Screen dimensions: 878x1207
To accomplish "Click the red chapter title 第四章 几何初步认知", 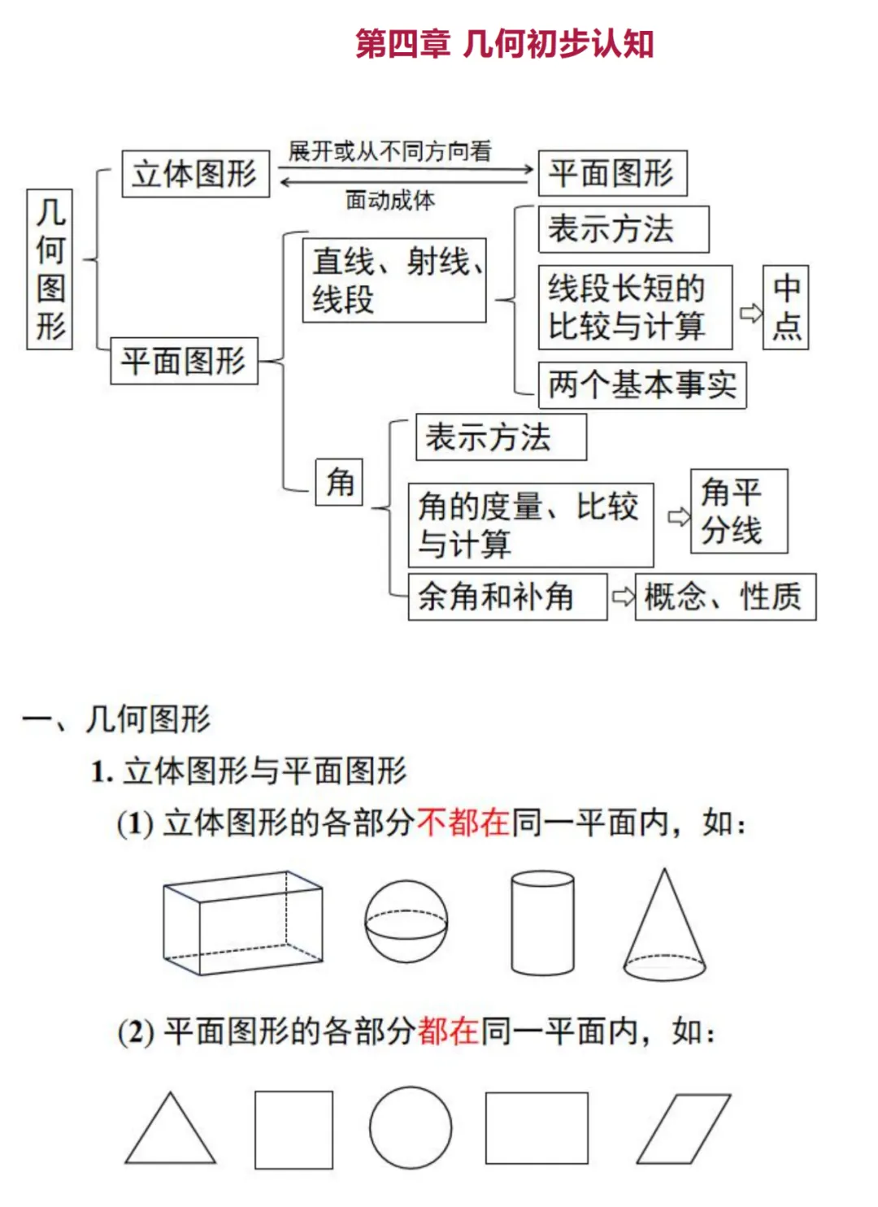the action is tap(504, 44).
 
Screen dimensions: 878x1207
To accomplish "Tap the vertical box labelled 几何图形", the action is tap(50, 269).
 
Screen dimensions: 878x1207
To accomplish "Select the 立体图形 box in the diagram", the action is tap(195, 173).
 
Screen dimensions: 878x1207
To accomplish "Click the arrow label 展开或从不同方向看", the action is tap(390, 151).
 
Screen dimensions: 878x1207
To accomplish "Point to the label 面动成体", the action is tap(390, 200).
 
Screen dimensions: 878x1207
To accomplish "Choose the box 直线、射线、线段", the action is tap(394, 280).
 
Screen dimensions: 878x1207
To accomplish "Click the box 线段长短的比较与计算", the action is tap(635, 307).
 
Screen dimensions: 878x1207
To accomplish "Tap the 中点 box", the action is tap(785, 307).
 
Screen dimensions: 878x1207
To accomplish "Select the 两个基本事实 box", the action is tap(642, 384).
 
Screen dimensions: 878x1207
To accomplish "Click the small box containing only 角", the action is tap(339, 482).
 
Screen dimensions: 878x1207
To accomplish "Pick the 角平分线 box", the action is tap(738, 511).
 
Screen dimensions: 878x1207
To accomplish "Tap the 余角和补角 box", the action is tap(507, 597).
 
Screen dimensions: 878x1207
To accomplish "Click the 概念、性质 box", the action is tap(725, 597).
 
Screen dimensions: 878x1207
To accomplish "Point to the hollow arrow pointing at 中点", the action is tap(750, 313).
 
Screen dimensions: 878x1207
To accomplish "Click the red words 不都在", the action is tap(463, 823).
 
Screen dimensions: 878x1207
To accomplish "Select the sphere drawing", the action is tap(406, 922).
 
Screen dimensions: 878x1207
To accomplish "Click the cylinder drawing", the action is tap(543, 923).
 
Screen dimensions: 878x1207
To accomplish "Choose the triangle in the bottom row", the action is tap(170, 1131).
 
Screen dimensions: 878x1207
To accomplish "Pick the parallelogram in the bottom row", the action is tap(684, 1129).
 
